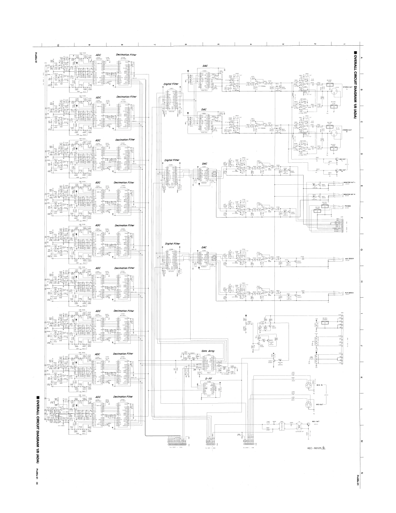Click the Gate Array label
point(208,351)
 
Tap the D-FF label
point(208,379)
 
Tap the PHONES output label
point(348,206)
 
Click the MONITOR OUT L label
point(350,182)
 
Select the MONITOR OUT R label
point(350,194)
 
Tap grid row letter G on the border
point(362,250)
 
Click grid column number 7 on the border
point(155,44)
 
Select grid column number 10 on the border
point(59,44)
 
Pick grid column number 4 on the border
point(251,44)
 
